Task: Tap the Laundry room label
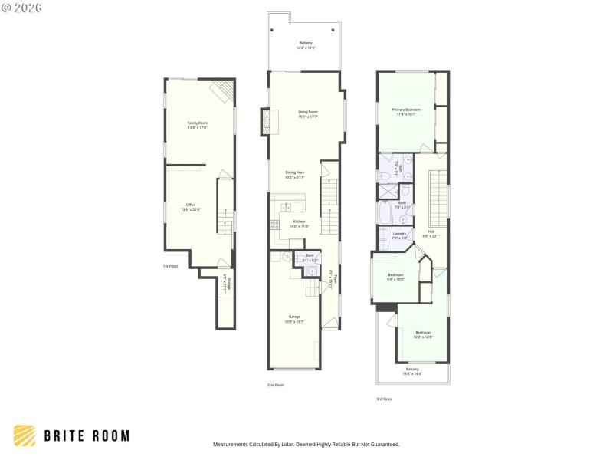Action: point(399,235)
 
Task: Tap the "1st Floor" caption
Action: point(170,266)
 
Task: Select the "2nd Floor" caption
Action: point(275,385)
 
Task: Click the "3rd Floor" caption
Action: point(384,399)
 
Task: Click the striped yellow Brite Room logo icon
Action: point(25,435)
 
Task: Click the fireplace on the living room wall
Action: point(266,123)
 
